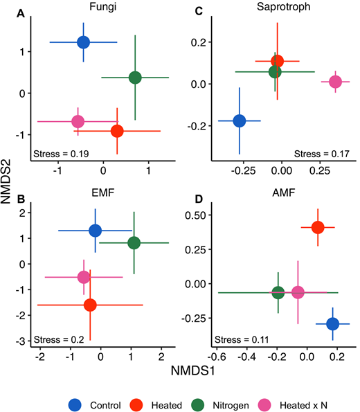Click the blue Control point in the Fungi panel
[x=83, y=42]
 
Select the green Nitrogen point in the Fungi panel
[x=135, y=78]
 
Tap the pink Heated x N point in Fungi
[x=78, y=121]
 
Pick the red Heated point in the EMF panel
[x=90, y=305]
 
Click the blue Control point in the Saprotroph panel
[x=240, y=120]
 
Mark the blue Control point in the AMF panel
[x=332, y=323]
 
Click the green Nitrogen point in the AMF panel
[x=278, y=293]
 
